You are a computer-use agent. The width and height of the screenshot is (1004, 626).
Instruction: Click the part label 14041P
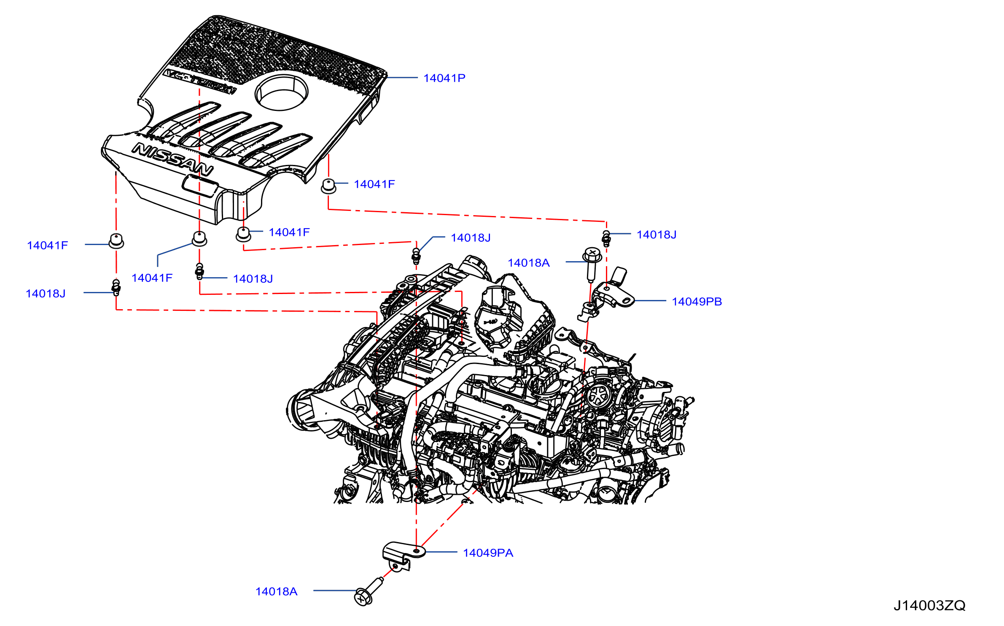(x=444, y=78)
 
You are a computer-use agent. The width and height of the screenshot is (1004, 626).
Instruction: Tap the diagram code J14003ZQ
(x=929, y=606)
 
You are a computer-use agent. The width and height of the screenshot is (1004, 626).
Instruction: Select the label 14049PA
(x=488, y=553)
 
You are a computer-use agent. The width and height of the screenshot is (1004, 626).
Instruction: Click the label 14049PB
(x=697, y=302)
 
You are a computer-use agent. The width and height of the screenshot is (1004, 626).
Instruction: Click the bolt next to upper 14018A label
(x=592, y=264)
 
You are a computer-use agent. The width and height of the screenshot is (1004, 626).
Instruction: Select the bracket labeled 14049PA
(x=402, y=555)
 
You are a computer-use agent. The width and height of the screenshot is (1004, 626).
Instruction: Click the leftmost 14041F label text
(x=47, y=246)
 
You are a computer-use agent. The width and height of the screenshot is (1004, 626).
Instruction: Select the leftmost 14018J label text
(x=46, y=294)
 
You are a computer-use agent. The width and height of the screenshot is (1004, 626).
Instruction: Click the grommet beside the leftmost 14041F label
(x=116, y=241)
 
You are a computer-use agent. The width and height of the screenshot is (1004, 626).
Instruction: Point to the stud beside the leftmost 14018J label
(x=116, y=287)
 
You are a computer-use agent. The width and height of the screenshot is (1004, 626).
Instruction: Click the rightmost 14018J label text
(x=657, y=235)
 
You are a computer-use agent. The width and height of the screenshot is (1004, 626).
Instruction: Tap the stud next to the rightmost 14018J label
(x=606, y=239)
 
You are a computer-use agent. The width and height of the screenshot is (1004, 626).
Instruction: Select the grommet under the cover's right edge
(x=328, y=186)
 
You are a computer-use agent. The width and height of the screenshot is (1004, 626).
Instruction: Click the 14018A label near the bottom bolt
(x=277, y=592)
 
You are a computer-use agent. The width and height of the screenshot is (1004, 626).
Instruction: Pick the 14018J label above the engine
(x=471, y=238)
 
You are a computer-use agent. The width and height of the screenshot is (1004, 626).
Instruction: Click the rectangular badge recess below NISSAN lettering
(x=200, y=186)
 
